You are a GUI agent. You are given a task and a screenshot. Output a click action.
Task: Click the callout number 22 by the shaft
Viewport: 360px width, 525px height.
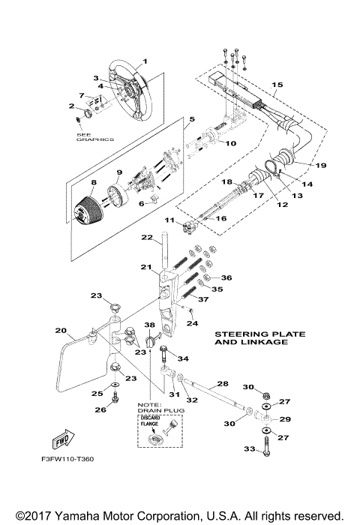(x=148, y=238)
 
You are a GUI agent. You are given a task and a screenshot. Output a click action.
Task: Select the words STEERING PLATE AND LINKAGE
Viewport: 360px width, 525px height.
(x=251, y=337)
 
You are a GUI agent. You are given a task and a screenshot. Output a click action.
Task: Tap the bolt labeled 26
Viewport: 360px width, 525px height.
(x=114, y=400)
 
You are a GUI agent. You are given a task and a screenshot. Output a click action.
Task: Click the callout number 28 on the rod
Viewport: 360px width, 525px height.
(x=222, y=383)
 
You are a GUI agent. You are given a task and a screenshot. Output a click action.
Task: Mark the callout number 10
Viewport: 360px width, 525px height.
(x=232, y=142)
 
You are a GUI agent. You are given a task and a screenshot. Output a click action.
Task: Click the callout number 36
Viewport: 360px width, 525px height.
(x=226, y=277)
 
